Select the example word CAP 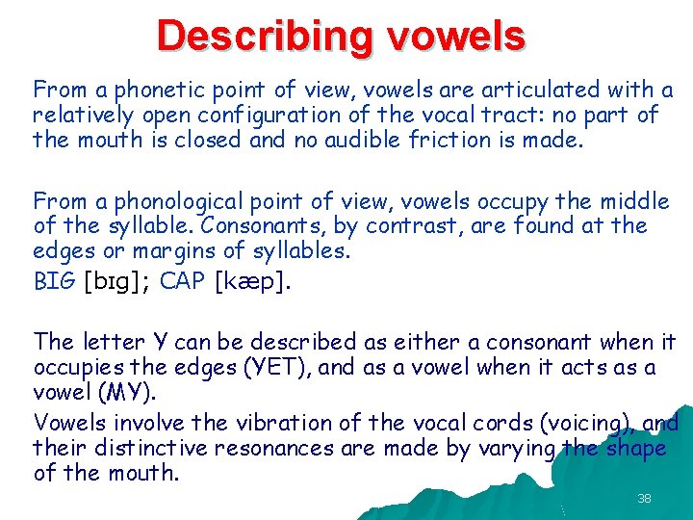tap(181, 282)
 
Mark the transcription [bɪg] tap(116, 283)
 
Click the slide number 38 tap(644, 498)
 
